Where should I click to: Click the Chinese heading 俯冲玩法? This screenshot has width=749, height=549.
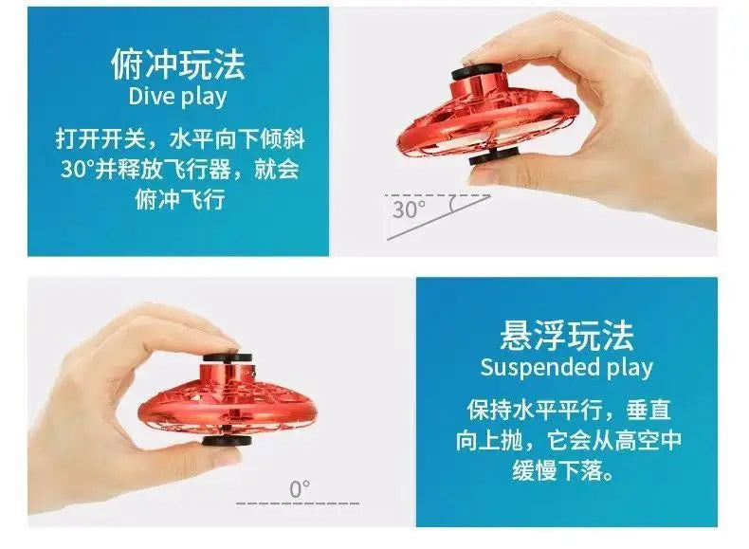coord(178,64)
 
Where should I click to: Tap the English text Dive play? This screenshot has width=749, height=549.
coord(177,96)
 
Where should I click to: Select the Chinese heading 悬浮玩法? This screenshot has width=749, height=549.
coord(567,336)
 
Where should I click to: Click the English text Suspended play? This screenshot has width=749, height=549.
coord(567,368)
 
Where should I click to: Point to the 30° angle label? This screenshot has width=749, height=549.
coord(409,210)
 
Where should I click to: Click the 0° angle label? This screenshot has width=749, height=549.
coord(300,489)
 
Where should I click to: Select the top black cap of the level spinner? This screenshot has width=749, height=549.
coord(228,357)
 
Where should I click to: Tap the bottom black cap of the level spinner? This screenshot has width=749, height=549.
coord(227,440)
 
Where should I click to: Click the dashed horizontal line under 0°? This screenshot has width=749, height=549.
coord(298,503)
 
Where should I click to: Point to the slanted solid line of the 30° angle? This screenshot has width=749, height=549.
coord(439,217)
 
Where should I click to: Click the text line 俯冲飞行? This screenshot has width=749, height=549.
coord(179,199)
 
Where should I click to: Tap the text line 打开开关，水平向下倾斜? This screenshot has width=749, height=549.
coord(180,139)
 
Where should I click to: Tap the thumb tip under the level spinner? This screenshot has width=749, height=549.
coord(221,454)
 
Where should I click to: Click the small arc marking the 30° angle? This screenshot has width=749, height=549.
coord(451,203)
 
